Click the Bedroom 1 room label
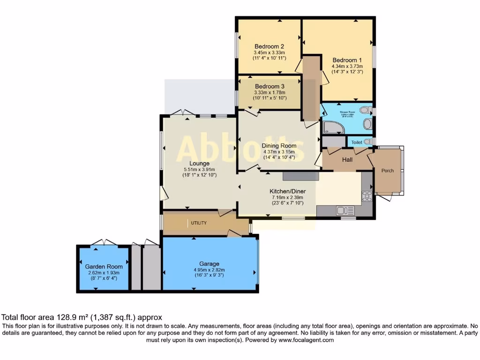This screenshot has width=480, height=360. pyautogui.click(x=347, y=60)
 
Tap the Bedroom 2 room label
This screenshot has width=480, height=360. pyautogui.click(x=269, y=46)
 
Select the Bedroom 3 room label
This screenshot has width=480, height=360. pyautogui.click(x=269, y=86)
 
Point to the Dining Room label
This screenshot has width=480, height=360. pyautogui.click(x=279, y=146)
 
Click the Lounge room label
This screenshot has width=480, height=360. pyautogui.click(x=200, y=163)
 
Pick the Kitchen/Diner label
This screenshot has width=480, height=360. pyautogui.click(x=286, y=191)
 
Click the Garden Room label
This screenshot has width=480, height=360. pyautogui.click(x=104, y=266)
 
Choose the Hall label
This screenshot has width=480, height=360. pyautogui.click(x=347, y=160)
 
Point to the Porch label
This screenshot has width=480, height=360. pyautogui.click(x=387, y=171)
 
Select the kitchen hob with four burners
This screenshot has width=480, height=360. pyautogui.click(x=367, y=196)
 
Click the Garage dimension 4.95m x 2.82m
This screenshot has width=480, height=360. pyautogui.click(x=209, y=270)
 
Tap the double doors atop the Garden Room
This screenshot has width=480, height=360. pyautogui.click(x=104, y=242)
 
